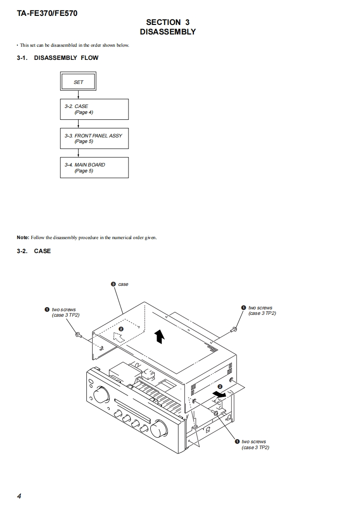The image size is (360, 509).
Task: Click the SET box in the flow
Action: pyautogui.click(x=79, y=82)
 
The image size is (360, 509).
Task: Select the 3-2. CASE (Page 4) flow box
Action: pyautogui.click(x=94, y=109)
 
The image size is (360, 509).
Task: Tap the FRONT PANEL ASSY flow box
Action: pyautogui.click(x=94, y=138)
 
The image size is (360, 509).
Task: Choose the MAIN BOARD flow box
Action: pyautogui.click(x=94, y=167)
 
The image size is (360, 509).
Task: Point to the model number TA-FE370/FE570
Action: pyautogui.click(x=47, y=14)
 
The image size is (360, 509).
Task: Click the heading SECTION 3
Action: pyautogui.click(x=168, y=22)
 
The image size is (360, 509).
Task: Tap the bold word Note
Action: pyautogui.click(x=23, y=237)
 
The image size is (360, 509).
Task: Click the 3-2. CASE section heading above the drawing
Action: pyautogui.click(x=42, y=251)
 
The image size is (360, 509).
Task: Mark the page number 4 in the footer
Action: pyautogui.click(x=19, y=496)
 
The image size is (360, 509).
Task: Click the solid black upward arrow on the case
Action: pyautogui.click(x=159, y=336)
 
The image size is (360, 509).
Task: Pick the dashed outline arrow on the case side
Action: pyautogui.click(x=118, y=337)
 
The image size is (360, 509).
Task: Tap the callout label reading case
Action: pyautogui.click(x=123, y=284)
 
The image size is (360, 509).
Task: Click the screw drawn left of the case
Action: pyautogui.click(x=78, y=335)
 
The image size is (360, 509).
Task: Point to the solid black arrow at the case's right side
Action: pyautogui.click(x=221, y=395)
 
